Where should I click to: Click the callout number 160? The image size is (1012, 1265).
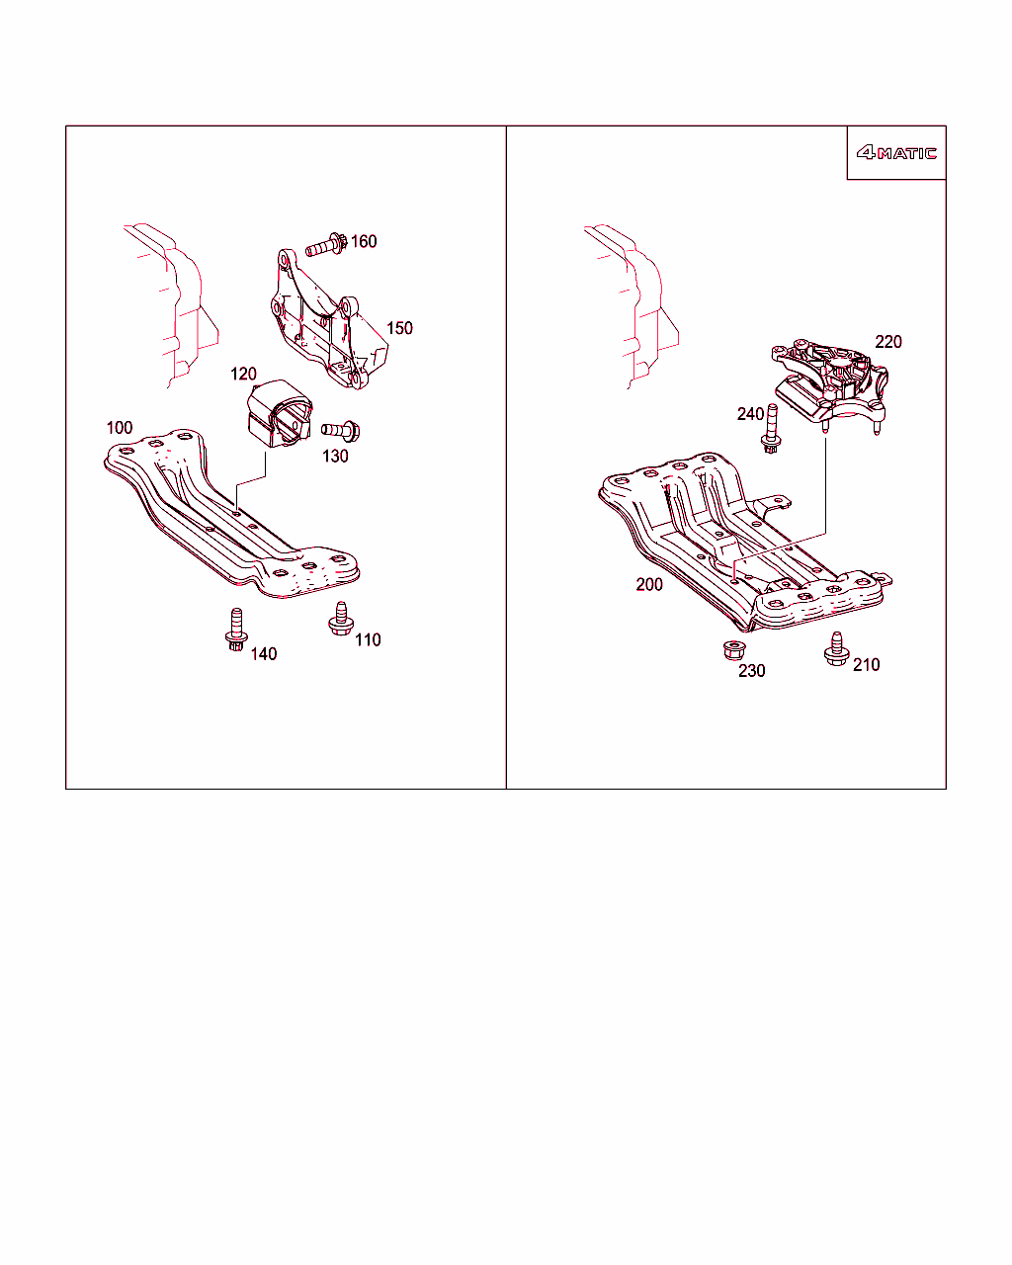click(364, 241)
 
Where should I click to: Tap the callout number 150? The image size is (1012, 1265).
click(399, 328)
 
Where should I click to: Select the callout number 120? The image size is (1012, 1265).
click(243, 374)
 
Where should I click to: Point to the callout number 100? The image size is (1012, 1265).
click(120, 427)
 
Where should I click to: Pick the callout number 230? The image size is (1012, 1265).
click(751, 671)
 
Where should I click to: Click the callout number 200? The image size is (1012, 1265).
click(649, 584)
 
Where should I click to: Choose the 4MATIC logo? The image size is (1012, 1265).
click(896, 153)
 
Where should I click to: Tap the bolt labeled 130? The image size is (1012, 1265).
click(341, 431)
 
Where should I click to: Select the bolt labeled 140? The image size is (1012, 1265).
click(236, 630)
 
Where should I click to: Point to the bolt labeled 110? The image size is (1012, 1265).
click(341, 619)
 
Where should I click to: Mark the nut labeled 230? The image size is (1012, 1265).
click(734, 650)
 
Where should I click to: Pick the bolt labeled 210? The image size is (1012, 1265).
click(836, 649)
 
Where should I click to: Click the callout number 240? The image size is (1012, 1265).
click(750, 414)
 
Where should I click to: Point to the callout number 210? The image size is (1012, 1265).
click(866, 665)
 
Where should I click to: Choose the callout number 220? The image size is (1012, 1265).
click(887, 342)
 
